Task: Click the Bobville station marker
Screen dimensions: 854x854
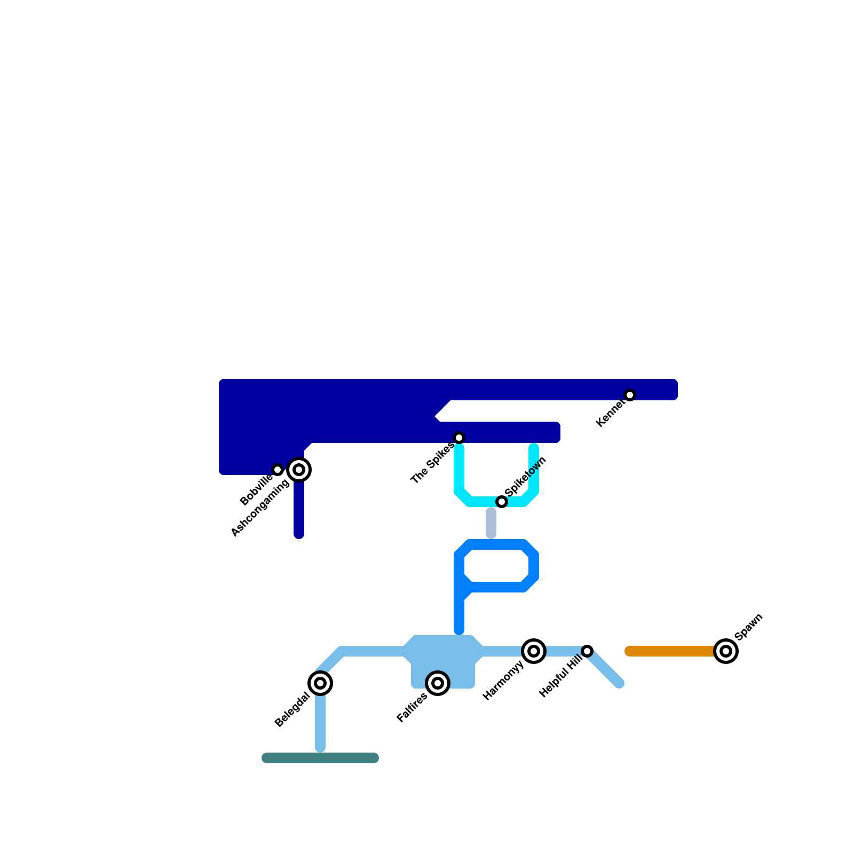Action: coord(278,470)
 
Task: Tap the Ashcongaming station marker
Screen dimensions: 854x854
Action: coord(299,470)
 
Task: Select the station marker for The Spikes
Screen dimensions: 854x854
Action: coord(459,438)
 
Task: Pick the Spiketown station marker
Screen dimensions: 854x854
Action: coord(502,502)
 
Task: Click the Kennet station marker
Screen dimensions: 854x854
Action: coord(630,395)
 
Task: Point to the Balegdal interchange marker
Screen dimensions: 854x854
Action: coord(320,683)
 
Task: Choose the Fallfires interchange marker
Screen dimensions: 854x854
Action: coord(438,683)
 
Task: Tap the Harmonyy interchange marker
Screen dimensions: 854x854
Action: coord(534,651)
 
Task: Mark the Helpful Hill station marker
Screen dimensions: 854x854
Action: coord(587,651)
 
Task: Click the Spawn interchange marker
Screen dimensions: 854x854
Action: coord(726,651)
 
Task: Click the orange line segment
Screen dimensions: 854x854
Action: coord(673,651)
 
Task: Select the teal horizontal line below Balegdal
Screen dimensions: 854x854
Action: coord(320,758)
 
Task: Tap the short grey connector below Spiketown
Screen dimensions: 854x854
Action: coord(491,523)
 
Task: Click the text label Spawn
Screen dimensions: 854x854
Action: coord(749,627)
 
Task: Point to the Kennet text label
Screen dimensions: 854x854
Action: coord(610,414)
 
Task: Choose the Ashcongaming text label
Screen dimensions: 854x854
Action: coord(260,508)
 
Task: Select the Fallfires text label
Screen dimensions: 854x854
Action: coord(412,708)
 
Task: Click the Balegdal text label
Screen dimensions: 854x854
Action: coord(291,710)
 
